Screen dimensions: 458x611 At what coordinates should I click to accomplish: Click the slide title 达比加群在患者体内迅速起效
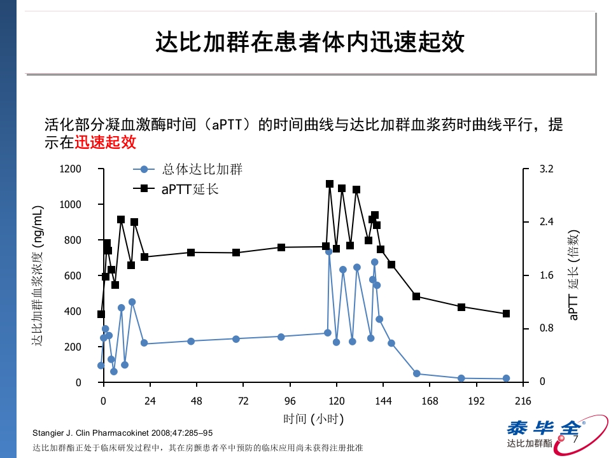tap(310, 43)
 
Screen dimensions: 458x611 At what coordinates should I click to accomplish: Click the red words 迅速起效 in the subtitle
tap(106, 142)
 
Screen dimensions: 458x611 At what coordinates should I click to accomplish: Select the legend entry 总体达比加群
tap(202, 169)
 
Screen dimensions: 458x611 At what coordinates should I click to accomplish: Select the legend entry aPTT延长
tap(190, 189)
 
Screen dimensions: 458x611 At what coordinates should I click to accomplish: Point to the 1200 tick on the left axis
tap(71, 169)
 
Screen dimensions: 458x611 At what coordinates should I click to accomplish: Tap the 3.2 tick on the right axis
tap(546, 169)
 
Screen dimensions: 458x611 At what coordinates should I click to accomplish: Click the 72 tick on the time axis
tap(244, 401)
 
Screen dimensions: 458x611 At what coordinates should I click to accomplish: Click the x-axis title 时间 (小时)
tap(313, 419)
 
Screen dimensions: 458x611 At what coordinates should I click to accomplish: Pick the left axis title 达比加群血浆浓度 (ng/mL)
tap(39, 275)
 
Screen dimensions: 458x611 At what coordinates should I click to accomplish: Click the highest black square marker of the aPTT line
tap(330, 184)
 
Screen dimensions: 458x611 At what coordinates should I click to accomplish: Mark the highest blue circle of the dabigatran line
tap(329, 251)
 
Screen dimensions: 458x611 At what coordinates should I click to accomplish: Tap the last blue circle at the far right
tap(507, 378)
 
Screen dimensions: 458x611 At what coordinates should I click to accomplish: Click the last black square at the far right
tap(507, 314)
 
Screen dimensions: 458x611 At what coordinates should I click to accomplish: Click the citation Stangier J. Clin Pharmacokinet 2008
tap(122, 433)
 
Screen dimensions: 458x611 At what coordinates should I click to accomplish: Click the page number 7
tap(577, 440)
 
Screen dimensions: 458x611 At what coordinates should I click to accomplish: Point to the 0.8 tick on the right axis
tap(546, 329)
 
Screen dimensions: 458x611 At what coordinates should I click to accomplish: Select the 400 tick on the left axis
tap(74, 311)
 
